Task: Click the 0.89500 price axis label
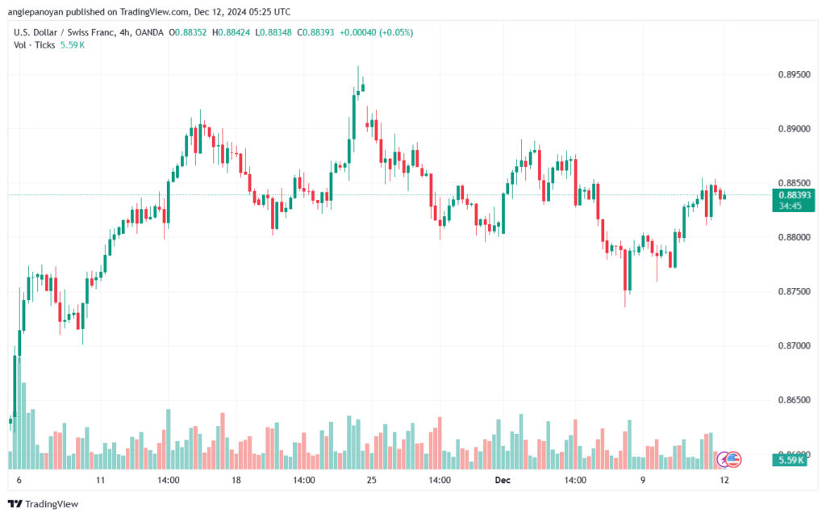[794, 74]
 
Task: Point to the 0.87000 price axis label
[794, 345]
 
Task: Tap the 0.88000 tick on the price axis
[794, 237]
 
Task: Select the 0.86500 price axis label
[794, 400]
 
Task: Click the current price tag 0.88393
[795, 194]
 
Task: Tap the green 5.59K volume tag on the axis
[794, 460]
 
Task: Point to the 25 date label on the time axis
[371, 479]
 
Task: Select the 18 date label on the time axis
[236, 479]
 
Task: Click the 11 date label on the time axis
[100, 479]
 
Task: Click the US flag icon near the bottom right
[733, 459]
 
